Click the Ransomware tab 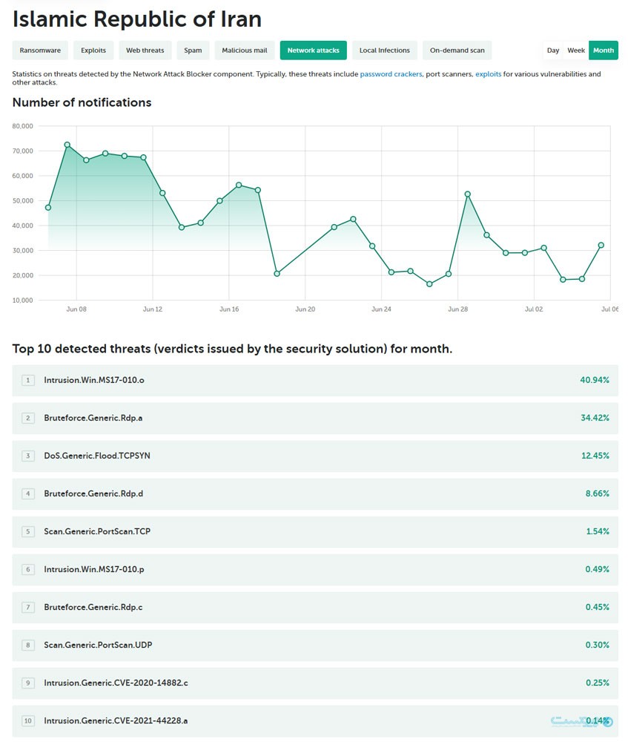41,50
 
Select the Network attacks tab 313,50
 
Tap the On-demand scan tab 457,50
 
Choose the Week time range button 576,50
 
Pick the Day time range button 553,50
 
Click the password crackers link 391,74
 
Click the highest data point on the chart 67,145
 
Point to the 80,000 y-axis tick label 23,126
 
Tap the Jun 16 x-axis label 229,309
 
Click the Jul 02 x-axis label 533,309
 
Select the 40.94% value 594,380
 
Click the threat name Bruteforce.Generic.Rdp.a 93,418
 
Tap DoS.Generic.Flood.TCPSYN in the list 96,456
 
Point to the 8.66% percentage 597,493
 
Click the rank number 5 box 28,531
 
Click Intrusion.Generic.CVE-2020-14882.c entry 116,683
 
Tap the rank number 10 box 28,720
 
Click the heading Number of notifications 82,102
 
